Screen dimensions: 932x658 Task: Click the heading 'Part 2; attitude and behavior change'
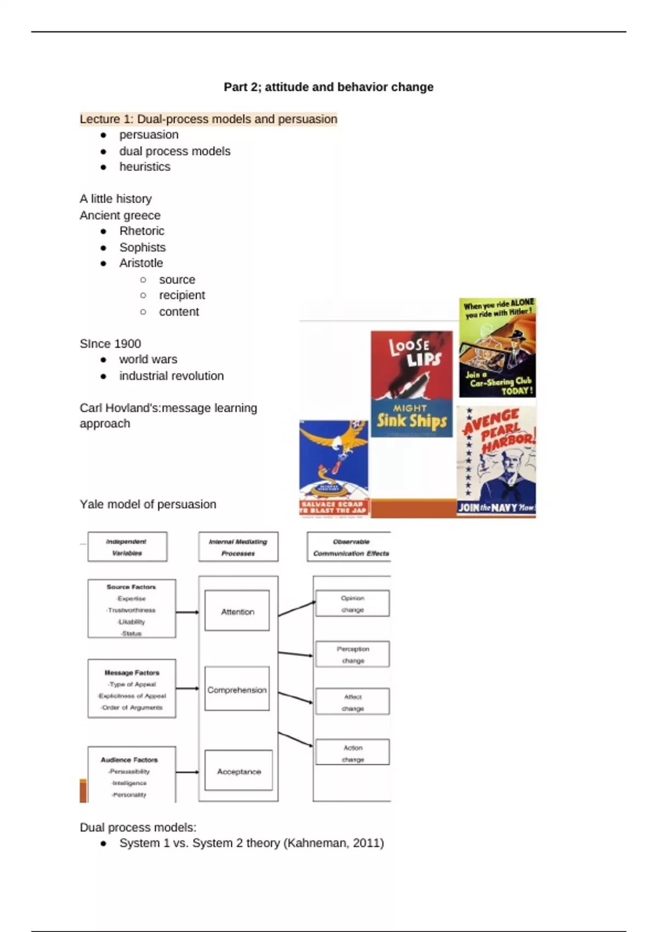pos(328,87)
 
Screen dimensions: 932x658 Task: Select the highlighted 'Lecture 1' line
pos(208,119)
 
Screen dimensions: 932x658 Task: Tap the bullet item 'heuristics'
pos(145,167)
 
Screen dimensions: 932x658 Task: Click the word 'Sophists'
pos(143,247)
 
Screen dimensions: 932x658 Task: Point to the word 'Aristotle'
pos(141,263)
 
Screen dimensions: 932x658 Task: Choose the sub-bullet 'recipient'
pos(182,295)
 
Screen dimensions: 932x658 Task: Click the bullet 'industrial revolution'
pos(172,376)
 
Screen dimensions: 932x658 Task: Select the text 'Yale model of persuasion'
pos(148,504)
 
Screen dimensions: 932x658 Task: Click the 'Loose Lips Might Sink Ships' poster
pos(412,384)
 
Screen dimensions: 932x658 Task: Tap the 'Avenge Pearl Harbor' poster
pos(496,461)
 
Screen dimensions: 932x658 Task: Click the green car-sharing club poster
pos(497,348)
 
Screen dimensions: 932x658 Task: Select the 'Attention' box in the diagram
pos(237,611)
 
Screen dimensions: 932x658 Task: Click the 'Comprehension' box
pos(237,690)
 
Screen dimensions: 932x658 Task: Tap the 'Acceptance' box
pos(239,771)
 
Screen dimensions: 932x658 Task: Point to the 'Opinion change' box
pos(353,604)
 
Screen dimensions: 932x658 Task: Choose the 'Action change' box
pos(353,753)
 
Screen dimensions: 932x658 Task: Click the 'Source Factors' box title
pos(132,587)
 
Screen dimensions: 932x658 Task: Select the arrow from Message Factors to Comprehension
pos(188,689)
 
